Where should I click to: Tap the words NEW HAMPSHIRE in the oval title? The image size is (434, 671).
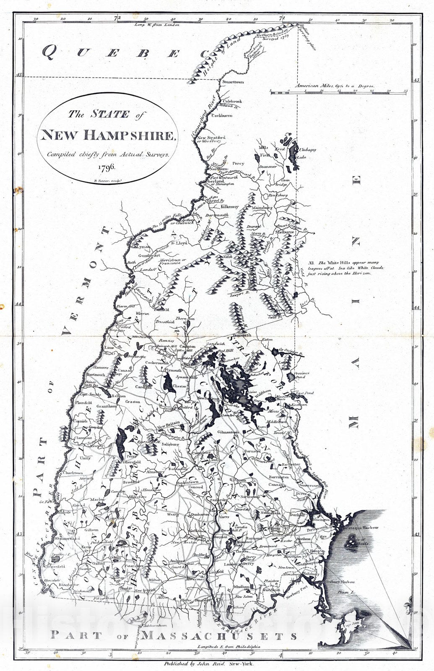tap(107, 135)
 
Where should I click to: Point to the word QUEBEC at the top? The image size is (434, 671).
tap(126, 52)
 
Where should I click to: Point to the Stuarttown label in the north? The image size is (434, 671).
tap(233, 82)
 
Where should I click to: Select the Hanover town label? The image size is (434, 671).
tap(101, 367)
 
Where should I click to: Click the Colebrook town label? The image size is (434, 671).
tap(232, 101)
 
